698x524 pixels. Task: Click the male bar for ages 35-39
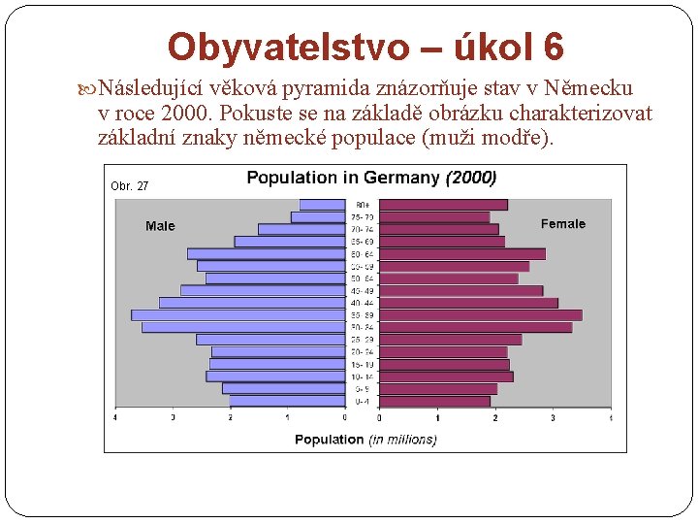[x=239, y=314]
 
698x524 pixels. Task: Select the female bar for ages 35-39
[x=480, y=314]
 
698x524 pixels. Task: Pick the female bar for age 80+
[x=443, y=205]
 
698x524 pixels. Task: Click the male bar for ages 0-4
[x=287, y=401]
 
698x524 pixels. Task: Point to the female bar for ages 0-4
[x=434, y=401]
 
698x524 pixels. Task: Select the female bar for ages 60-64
[x=461, y=253]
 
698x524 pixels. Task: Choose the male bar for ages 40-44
[x=253, y=303]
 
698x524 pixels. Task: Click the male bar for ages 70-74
[x=301, y=229]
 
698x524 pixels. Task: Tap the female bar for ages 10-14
[x=446, y=377]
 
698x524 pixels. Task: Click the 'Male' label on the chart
[x=160, y=226]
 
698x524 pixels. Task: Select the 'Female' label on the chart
[x=563, y=224]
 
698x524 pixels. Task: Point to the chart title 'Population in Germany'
[x=342, y=178]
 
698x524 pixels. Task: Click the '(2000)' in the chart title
[x=470, y=178]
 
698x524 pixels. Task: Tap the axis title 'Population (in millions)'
[x=365, y=440]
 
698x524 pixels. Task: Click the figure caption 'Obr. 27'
[x=130, y=185]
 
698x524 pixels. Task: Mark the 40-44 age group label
[x=363, y=303]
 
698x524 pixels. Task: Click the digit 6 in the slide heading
[x=553, y=46]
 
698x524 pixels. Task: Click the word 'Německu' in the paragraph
[x=588, y=88]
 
